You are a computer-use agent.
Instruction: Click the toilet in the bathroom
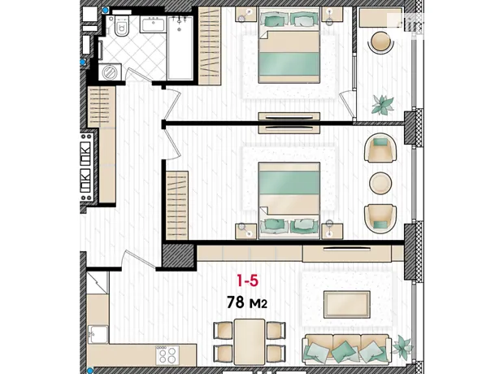click(x=121, y=25)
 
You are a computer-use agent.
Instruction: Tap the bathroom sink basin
click(x=153, y=24)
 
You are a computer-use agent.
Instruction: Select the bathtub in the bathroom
click(x=180, y=48)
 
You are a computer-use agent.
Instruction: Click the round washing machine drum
click(x=110, y=72)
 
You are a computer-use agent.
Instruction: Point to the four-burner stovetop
click(x=167, y=355)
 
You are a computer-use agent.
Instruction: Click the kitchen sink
click(x=98, y=334)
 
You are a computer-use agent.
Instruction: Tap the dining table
click(x=250, y=341)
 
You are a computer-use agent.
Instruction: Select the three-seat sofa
click(x=347, y=350)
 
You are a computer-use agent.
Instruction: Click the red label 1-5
click(x=247, y=281)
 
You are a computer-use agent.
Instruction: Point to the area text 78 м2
click(x=247, y=302)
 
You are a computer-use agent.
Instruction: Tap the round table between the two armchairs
click(x=380, y=183)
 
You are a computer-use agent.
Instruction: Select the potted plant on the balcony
click(x=383, y=104)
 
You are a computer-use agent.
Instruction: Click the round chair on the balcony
click(x=382, y=41)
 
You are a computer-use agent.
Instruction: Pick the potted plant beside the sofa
click(x=402, y=345)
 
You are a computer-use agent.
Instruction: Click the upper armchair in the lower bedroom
click(x=381, y=148)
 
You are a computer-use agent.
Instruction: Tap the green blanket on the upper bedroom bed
click(x=289, y=64)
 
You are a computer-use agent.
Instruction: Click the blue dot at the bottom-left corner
click(x=89, y=370)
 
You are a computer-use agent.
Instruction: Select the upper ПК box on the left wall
click(x=85, y=150)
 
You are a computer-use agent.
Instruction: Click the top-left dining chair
click(x=224, y=330)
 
